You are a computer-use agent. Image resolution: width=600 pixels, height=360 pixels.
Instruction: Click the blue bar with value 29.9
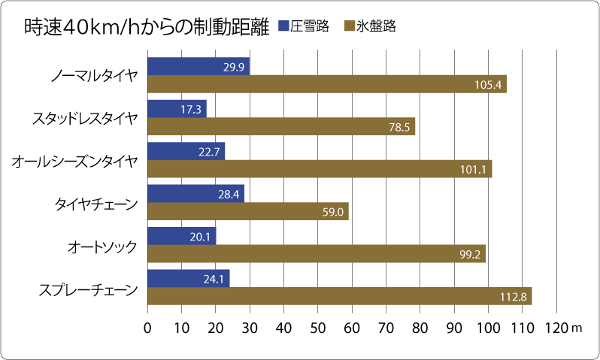[198, 66]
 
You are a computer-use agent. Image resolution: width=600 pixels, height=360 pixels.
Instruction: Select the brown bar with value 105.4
[327, 84]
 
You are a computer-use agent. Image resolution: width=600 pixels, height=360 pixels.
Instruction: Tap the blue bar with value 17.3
[177, 109]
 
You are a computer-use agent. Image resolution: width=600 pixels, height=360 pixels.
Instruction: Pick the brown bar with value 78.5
[281, 127]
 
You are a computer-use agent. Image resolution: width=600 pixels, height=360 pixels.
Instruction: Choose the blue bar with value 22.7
[186, 151]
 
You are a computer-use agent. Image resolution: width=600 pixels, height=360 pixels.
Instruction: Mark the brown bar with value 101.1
[320, 169]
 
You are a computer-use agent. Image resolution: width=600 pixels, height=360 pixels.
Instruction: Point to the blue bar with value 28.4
[195, 194]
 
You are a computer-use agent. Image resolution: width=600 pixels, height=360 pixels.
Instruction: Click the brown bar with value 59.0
[248, 212]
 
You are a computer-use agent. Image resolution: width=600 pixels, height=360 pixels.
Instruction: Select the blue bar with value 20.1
[182, 236]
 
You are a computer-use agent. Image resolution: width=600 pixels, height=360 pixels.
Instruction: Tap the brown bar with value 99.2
[317, 254]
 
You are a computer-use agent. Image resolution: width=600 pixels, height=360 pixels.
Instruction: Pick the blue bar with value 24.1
[189, 279]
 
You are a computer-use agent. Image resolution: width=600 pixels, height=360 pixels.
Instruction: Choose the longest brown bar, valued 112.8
[340, 296]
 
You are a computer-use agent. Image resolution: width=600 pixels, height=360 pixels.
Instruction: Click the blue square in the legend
[283, 26]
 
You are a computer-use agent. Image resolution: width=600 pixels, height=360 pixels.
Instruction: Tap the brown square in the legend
[350, 26]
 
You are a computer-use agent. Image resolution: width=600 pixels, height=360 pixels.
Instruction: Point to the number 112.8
[513, 297]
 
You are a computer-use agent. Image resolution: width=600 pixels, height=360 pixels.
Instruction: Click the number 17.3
[191, 110]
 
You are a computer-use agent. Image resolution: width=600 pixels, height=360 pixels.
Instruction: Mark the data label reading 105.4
[488, 85]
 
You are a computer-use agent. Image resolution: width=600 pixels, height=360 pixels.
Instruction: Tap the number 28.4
[229, 195]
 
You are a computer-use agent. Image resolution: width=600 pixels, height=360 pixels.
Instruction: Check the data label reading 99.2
[470, 255]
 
